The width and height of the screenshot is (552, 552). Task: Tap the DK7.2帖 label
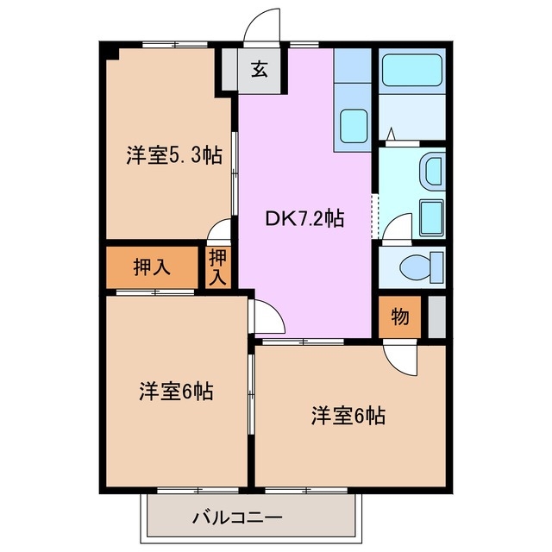(x=304, y=218)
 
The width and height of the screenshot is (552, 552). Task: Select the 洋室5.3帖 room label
(x=173, y=156)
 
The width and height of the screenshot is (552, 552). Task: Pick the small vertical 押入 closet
(x=218, y=267)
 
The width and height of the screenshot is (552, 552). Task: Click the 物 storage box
(x=399, y=317)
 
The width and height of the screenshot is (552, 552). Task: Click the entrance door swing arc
(x=262, y=26)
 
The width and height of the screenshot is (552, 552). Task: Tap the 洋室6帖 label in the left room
(x=176, y=391)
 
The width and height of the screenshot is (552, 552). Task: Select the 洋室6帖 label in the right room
(x=348, y=416)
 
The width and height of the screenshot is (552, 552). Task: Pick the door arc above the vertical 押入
(x=220, y=232)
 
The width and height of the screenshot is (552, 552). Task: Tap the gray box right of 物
(x=436, y=317)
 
